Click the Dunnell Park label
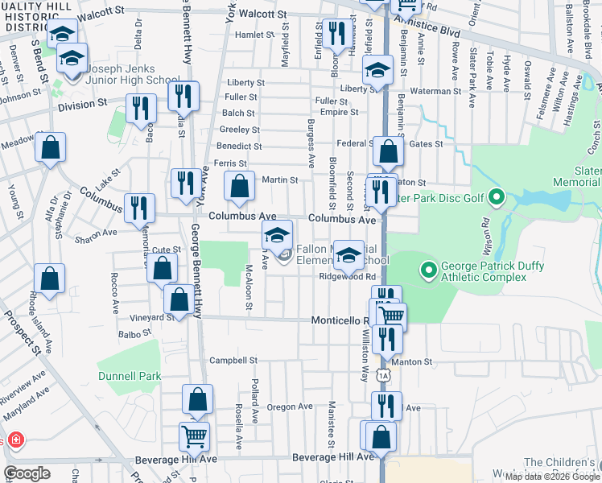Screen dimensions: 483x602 coord(130,376)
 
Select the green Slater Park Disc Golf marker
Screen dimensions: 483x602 coord(497,196)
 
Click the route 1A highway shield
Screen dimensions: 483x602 coord(384,375)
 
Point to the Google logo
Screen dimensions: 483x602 coord(27,473)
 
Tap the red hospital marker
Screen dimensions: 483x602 coord(14,441)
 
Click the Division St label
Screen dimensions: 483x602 coord(82,104)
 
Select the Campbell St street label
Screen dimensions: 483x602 coord(233,361)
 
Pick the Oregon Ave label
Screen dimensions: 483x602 coord(290,407)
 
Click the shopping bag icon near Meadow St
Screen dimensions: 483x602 coord(50,147)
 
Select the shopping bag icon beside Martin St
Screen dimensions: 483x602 coord(239,186)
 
